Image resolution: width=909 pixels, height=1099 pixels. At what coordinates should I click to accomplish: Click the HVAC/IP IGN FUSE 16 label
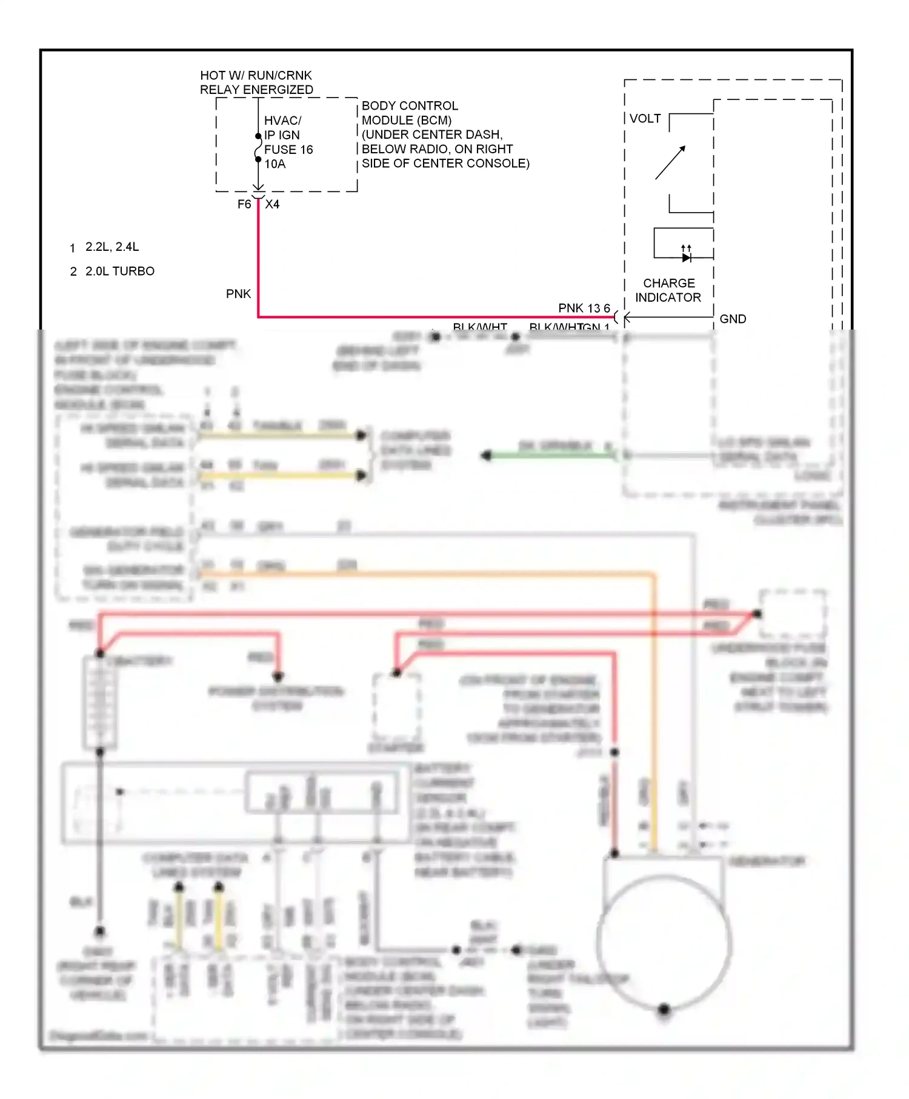coord(288,135)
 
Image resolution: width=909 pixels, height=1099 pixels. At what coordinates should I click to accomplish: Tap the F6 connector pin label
coord(244,205)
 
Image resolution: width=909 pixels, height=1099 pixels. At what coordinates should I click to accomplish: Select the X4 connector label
coord(273,205)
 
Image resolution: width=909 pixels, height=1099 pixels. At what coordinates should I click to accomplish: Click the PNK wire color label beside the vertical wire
coord(238,294)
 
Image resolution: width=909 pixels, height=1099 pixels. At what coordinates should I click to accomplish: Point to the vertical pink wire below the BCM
coord(258,254)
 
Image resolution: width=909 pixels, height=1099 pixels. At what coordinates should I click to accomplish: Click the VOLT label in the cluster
coord(645,119)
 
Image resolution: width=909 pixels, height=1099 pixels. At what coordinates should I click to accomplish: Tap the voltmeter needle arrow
coord(670,162)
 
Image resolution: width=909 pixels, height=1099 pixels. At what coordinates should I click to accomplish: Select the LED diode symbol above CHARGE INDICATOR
coord(686,257)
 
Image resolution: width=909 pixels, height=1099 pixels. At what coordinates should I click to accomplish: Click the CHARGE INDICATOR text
coord(668,290)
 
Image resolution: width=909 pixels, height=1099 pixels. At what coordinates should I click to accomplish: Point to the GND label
coord(733,319)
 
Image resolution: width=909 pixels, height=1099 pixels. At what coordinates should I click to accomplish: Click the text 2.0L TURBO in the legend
coord(119,271)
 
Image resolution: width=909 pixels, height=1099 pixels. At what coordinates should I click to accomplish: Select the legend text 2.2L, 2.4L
coord(112,247)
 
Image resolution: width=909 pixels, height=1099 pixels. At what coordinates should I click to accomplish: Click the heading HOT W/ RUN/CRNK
coord(256,76)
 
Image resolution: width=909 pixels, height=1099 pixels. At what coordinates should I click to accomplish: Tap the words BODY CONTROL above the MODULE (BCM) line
coord(410,106)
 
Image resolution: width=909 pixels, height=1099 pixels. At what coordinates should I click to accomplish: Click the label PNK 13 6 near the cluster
coord(584,308)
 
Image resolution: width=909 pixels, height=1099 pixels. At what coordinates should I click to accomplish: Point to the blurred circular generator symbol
coord(664,943)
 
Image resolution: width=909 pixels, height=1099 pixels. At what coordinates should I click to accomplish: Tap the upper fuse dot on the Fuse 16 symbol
coord(258,136)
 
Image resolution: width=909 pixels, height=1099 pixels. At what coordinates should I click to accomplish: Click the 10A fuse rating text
coord(275,164)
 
